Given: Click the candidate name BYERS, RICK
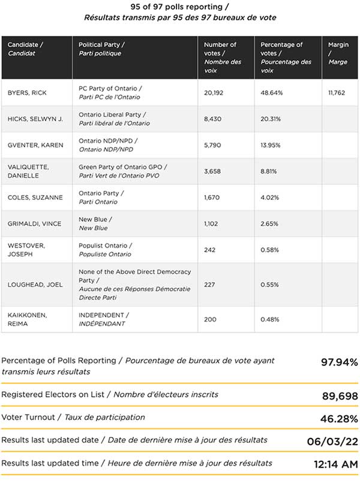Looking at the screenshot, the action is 27,92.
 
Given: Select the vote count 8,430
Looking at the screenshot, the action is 213,119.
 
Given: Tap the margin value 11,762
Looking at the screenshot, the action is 337,92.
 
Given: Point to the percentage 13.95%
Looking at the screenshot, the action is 271,145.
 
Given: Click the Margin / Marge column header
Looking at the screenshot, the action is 338,53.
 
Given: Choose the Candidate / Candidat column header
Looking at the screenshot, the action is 25,49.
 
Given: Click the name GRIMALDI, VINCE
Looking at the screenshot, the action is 34,223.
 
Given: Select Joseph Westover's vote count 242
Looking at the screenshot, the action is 209,250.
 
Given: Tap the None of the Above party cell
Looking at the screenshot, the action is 134,284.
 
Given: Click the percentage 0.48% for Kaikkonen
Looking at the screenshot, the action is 270,319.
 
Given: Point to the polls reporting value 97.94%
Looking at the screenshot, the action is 339,362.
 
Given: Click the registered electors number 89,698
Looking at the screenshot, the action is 340,396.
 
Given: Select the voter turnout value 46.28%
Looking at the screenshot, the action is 339,419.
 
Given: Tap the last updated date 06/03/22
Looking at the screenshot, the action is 332,442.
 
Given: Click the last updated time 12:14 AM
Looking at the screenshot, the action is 336,464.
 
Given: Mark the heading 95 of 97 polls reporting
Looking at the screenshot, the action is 180,7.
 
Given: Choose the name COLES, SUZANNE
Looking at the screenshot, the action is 35,197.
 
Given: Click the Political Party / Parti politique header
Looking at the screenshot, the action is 102,49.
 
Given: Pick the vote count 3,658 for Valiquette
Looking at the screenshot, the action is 212,171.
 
